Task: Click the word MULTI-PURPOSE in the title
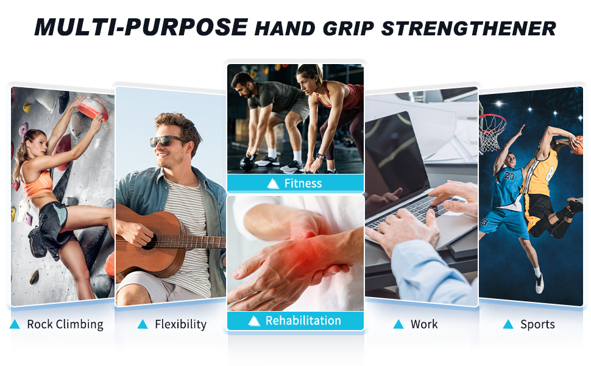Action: [141, 27]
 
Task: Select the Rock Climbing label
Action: [65, 324]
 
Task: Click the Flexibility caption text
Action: [180, 324]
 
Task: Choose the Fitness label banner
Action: [295, 183]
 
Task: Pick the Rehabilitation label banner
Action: [295, 320]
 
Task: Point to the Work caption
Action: [424, 324]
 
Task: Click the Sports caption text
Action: [537, 324]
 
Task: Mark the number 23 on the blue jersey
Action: [509, 176]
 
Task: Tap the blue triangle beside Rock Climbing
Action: [15, 325]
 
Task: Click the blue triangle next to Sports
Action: [508, 325]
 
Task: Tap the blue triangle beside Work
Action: [398, 325]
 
